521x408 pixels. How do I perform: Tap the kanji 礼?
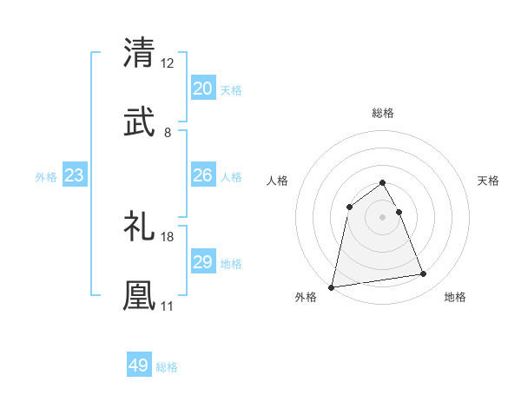(139, 227)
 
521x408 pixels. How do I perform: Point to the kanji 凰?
(139, 295)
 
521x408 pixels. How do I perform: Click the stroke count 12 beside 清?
(167, 63)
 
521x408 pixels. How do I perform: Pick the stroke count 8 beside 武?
(168, 133)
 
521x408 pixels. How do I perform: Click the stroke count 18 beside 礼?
(168, 237)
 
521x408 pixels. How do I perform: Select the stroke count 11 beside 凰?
(167, 306)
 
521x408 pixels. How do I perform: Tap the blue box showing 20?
(202, 89)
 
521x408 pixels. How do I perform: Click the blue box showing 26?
(202, 175)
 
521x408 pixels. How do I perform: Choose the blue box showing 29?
(202, 262)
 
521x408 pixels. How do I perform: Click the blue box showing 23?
(75, 176)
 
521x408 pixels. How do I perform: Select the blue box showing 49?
(139, 365)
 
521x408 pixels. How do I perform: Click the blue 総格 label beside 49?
(168, 367)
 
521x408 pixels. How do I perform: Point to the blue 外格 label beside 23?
(46, 177)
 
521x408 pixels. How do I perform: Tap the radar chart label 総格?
(383, 113)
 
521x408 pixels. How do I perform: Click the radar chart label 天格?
(489, 181)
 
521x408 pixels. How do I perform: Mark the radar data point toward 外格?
(332, 286)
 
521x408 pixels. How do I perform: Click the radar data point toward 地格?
(424, 274)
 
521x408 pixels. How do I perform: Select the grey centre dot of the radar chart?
(383, 217)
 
